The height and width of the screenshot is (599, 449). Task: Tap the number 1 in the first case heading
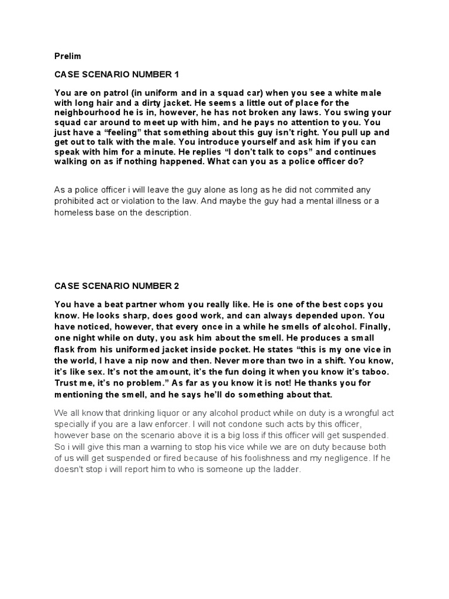tap(175, 75)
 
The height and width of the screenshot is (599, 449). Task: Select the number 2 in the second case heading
tap(176, 286)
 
